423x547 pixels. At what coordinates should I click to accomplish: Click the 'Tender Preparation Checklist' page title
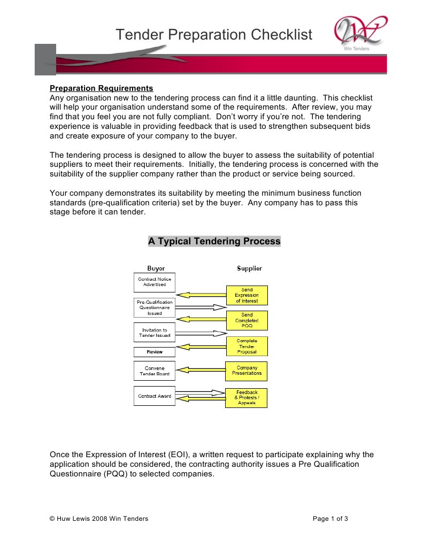214,35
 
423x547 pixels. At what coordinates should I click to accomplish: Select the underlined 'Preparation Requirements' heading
101,88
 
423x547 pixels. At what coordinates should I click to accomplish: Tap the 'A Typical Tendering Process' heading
214,241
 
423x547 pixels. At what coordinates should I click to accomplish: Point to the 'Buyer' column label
156,268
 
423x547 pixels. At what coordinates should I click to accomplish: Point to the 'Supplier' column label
249,268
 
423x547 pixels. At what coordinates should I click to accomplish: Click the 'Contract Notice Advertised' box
155,282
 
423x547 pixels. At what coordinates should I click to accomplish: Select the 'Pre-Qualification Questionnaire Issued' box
155,307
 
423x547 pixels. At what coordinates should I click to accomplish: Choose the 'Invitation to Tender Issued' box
155,333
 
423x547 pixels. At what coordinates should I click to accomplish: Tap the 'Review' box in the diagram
155,352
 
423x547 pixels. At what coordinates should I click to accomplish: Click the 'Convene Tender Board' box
155,371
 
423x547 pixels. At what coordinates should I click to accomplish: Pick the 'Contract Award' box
155,396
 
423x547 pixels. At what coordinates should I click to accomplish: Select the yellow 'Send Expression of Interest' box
247,295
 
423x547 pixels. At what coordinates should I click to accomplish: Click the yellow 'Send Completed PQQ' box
247,320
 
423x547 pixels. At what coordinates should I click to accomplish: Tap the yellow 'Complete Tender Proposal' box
247,346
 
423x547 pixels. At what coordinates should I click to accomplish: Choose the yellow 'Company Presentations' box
247,371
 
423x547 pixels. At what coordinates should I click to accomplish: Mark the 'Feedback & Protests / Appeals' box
247,397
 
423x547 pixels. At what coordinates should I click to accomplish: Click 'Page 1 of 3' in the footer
330,518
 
